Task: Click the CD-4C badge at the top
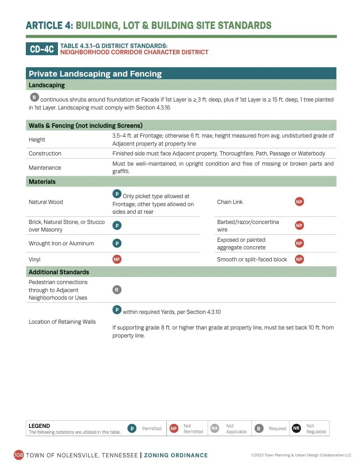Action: [41, 49]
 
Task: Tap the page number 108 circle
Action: [19, 455]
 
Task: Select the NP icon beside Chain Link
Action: [299, 202]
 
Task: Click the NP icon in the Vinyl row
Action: [117, 259]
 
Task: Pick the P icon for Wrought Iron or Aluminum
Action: [117, 243]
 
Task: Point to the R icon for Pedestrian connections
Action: [117, 290]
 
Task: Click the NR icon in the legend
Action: [296, 428]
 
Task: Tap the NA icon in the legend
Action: [214, 428]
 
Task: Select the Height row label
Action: [37, 140]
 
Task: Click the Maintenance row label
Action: [45, 168]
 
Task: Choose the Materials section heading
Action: [42, 182]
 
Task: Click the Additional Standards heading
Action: [59, 272]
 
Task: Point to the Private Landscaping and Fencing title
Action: [95, 74]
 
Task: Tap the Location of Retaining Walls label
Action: [62, 322]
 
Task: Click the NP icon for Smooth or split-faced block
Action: [299, 259]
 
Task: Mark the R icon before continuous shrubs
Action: [34, 98]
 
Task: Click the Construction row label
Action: [45, 154]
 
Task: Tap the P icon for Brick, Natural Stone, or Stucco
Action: [117, 226]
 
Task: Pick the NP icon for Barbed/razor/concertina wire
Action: [299, 226]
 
